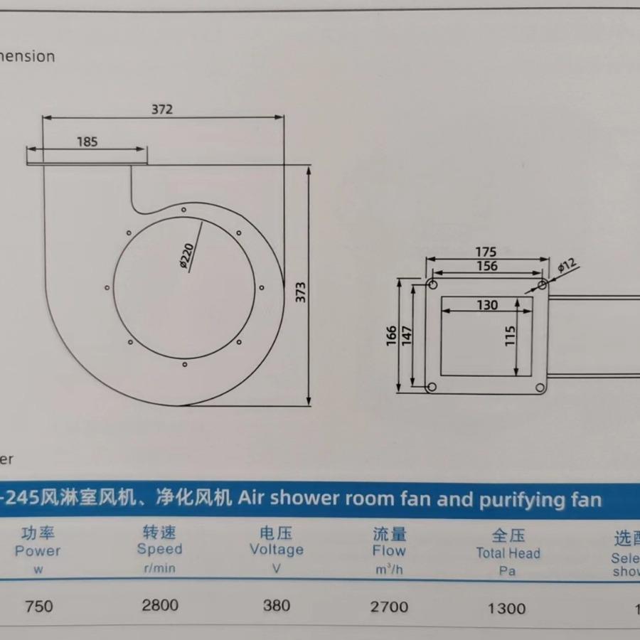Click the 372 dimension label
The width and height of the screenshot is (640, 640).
162,110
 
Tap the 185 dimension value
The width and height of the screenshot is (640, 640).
87,141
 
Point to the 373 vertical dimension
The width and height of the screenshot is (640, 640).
301,292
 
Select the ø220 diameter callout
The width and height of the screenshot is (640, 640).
188,256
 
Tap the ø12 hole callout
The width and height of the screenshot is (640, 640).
567,267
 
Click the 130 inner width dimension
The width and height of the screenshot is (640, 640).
487,305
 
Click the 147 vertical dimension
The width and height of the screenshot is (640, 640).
407,335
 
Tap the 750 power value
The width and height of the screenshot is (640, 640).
39,607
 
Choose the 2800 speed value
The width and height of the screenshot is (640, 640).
160,606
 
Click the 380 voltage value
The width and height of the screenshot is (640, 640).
276,606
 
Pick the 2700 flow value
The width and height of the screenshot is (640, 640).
390,607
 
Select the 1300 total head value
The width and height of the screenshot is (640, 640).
507,608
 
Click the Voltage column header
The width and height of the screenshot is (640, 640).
276,550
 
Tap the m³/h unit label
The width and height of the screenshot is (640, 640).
389,569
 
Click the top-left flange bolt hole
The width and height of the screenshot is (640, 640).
432,284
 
